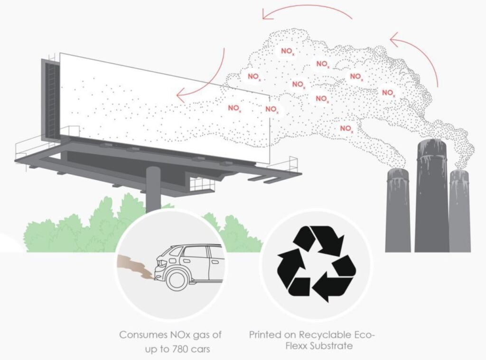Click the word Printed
[x=264, y=335]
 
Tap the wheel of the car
[x=177, y=278]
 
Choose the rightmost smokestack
[x=459, y=211]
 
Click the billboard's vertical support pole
[x=153, y=190]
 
